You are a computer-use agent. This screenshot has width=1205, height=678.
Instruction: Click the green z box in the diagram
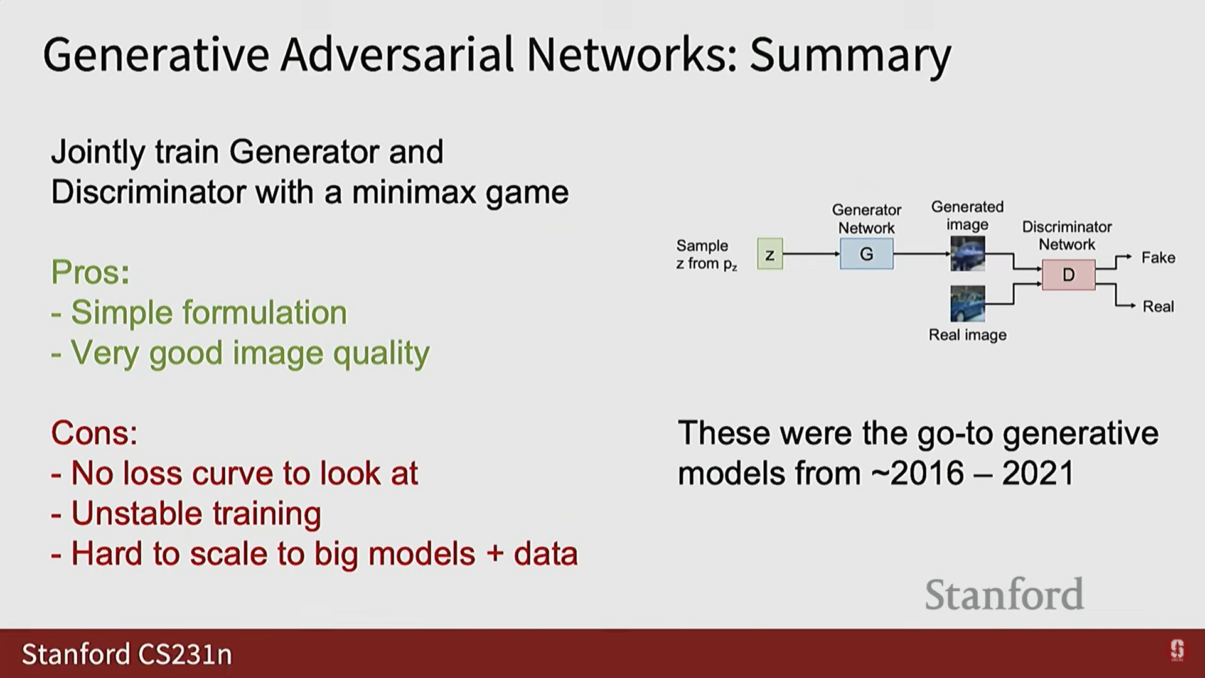pyautogui.click(x=769, y=254)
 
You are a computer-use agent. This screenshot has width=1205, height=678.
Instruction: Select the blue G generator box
pyautogui.click(x=867, y=254)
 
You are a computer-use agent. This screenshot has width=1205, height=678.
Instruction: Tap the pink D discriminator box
pyautogui.click(x=1068, y=274)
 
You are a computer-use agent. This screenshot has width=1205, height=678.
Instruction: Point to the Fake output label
pyautogui.click(x=1158, y=257)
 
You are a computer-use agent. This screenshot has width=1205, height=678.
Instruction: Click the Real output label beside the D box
pyautogui.click(x=1158, y=306)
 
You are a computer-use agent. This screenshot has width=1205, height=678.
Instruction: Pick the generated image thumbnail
pyautogui.click(x=967, y=253)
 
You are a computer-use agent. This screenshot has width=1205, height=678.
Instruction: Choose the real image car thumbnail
pyautogui.click(x=967, y=303)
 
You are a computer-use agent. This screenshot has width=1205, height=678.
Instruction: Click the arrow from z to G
pyautogui.click(x=811, y=254)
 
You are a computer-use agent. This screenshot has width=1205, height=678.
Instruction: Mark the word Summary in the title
pyautogui.click(x=850, y=55)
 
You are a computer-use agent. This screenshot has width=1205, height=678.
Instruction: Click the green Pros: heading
pyautogui.click(x=90, y=272)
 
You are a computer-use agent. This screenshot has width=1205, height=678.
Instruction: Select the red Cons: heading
pyautogui.click(x=94, y=433)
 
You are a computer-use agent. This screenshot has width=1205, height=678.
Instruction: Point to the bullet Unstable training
pyautogui.click(x=186, y=514)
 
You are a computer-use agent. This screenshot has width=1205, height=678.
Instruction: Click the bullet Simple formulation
pyautogui.click(x=199, y=312)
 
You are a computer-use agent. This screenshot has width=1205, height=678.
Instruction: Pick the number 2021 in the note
pyautogui.click(x=1038, y=473)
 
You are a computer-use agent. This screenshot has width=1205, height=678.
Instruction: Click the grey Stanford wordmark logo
pyautogui.click(x=1004, y=594)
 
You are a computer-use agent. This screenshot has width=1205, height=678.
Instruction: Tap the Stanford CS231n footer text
pyautogui.click(x=127, y=654)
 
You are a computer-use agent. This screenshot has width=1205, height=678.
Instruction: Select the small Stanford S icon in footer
pyautogui.click(x=1177, y=650)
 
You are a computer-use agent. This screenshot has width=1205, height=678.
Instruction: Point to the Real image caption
pyautogui.click(x=967, y=335)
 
